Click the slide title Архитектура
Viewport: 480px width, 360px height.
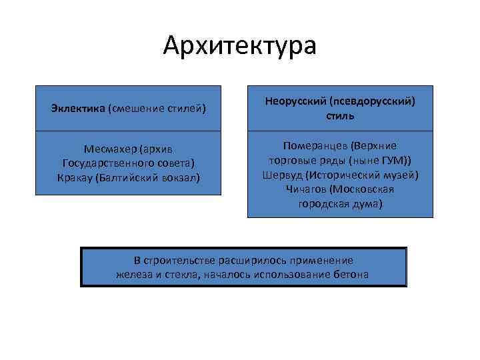click(240, 47)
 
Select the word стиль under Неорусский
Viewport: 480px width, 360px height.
click(340, 115)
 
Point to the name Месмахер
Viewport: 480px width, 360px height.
click(107, 149)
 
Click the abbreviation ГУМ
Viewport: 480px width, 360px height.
click(397, 160)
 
